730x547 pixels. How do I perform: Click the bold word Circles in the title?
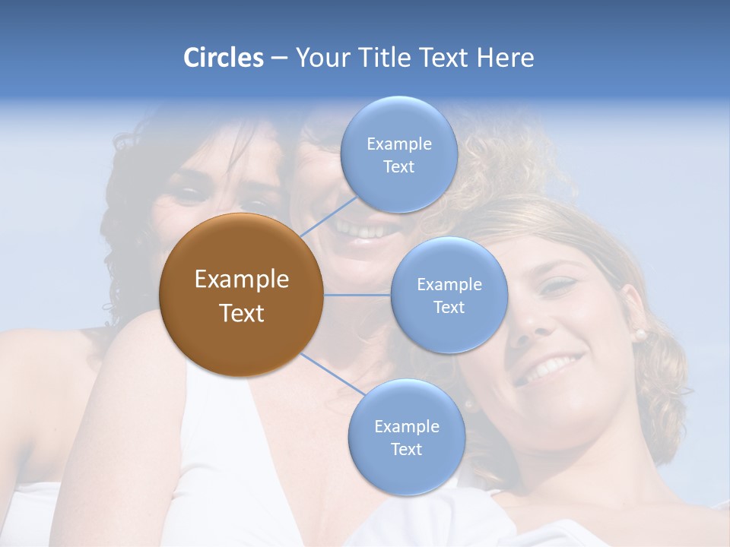tap(224, 58)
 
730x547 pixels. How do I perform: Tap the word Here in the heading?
tap(506, 58)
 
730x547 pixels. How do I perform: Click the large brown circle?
tap(241, 295)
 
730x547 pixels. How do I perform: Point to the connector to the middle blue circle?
tap(357, 295)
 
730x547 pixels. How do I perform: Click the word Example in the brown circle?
tap(241, 280)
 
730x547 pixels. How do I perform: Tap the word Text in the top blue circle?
tap(398, 167)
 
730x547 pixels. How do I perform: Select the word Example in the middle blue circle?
tap(449, 285)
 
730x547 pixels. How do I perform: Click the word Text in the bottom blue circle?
tap(406, 450)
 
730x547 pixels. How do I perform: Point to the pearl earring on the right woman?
tap(640, 334)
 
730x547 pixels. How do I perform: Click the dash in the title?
tap(278, 58)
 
